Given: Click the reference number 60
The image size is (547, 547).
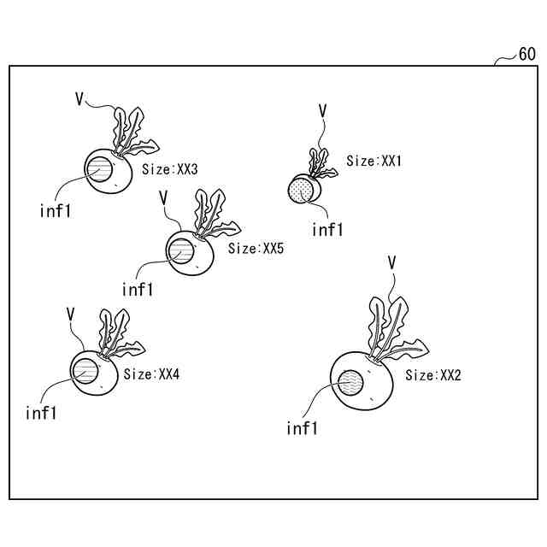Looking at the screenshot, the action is [526, 55].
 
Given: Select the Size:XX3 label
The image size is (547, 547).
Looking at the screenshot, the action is [170, 170].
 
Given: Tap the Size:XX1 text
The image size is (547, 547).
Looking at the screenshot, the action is [374, 161].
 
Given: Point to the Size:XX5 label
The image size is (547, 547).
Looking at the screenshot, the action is [256, 249].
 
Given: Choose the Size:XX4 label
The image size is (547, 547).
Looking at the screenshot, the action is [151, 374].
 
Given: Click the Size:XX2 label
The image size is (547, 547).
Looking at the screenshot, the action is [433, 375].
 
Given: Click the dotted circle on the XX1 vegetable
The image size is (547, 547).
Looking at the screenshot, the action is [301, 190].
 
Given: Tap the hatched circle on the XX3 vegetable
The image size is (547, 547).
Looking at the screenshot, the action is [98, 170].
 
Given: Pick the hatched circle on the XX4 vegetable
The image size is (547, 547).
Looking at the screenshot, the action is [86, 371].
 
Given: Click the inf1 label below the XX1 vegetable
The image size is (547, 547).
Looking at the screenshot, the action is [327, 229].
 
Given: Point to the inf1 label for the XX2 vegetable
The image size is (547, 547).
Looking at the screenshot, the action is [302, 428].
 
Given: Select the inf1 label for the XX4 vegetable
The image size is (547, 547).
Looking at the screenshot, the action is [41, 414].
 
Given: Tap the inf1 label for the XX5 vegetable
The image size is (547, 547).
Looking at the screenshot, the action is [138, 289].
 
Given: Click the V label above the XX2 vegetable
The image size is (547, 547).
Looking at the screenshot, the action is [391, 262].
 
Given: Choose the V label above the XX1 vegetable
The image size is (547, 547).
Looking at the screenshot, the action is [322, 110].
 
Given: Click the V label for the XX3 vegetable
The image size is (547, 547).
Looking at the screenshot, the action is [79, 100].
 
